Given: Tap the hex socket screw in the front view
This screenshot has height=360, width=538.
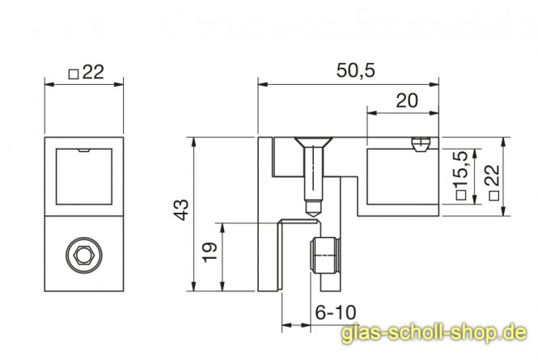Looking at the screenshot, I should (x=83, y=256).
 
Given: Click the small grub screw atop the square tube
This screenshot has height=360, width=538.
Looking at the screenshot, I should (x=420, y=145).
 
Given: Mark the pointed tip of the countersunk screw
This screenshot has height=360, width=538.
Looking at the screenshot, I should (x=311, y=212).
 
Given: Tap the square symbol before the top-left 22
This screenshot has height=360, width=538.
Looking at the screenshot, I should (x=73, y=73).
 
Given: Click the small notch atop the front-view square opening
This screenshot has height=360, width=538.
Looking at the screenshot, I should (x=83, y=150).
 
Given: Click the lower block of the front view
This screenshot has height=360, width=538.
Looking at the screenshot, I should (x=83, y=256).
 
